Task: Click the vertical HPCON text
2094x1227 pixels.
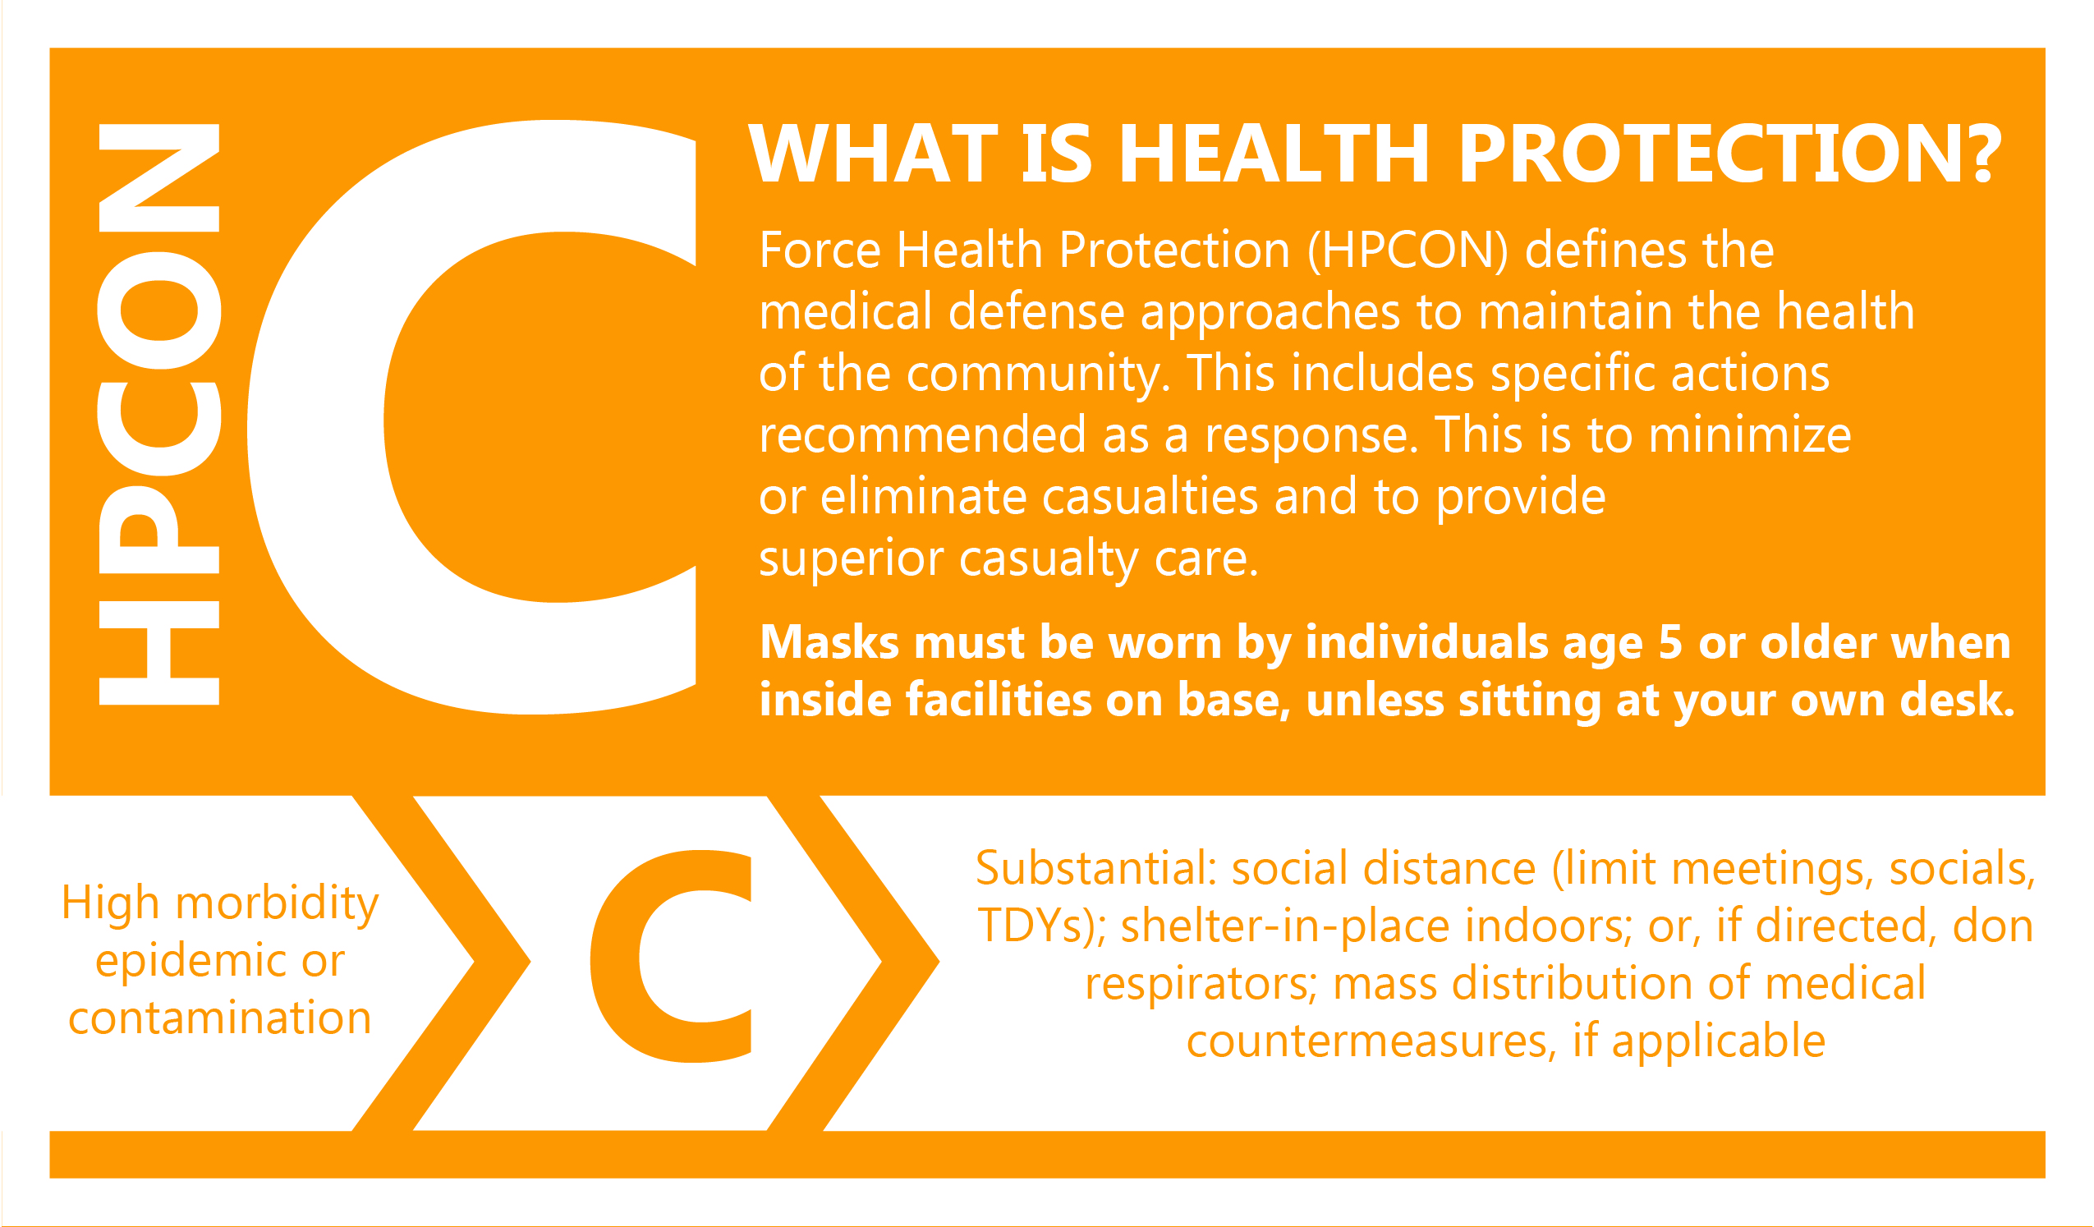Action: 158,414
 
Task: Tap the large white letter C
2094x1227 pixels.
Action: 316,416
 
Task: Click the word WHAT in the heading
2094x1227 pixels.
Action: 872,153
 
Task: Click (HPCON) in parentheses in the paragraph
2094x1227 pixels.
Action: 1407,250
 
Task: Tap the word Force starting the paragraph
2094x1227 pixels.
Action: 820,250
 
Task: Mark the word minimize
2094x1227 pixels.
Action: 1750,434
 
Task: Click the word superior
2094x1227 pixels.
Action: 851,558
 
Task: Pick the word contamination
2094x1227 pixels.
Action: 219,1018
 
